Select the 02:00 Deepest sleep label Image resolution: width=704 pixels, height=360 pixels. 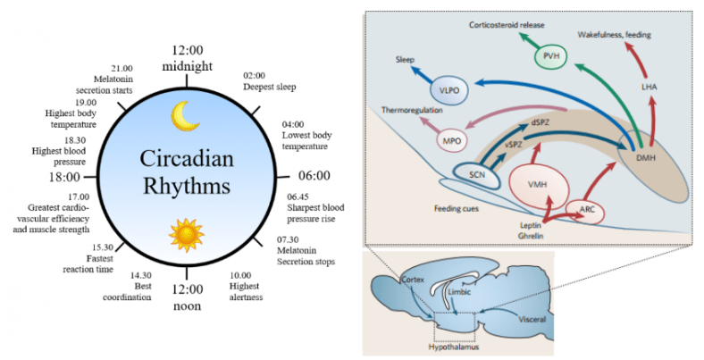click(269, 81)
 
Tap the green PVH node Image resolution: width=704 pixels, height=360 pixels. click(551, 58)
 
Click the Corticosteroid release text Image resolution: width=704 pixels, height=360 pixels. click(507, 24)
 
